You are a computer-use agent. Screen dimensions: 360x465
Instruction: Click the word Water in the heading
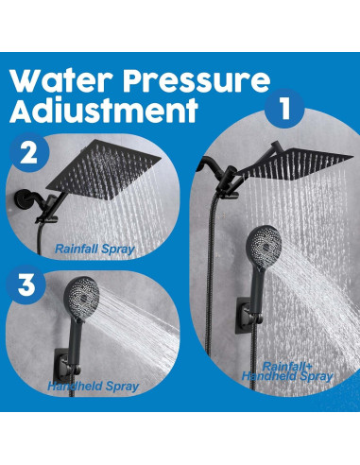pos(61,81)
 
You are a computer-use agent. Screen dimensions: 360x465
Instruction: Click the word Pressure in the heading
pos(197,81)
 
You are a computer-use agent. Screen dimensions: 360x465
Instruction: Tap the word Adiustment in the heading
pos(104,111)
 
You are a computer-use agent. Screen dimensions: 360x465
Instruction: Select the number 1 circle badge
pos(284,108)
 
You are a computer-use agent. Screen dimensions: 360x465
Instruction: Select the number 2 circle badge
pos(29,153)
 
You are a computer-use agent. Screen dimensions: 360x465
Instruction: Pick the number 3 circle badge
pos(26,284)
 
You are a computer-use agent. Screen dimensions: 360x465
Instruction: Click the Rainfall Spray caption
pos(94,250)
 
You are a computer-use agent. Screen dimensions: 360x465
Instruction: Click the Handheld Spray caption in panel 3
pos(94,387)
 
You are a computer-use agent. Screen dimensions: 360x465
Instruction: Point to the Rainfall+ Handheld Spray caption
pos(287,371)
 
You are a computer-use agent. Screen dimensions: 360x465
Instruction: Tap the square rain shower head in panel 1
pos(295,164)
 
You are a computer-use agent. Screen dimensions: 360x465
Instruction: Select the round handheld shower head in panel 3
pos(81,296)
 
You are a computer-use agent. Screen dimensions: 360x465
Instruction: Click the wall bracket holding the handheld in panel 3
pos(66,366)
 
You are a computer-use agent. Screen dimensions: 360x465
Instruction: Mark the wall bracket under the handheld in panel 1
pos(248,316)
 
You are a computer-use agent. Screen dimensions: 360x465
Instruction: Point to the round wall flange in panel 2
pos(22,199)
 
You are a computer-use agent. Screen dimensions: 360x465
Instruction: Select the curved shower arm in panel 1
pos(209,165)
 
